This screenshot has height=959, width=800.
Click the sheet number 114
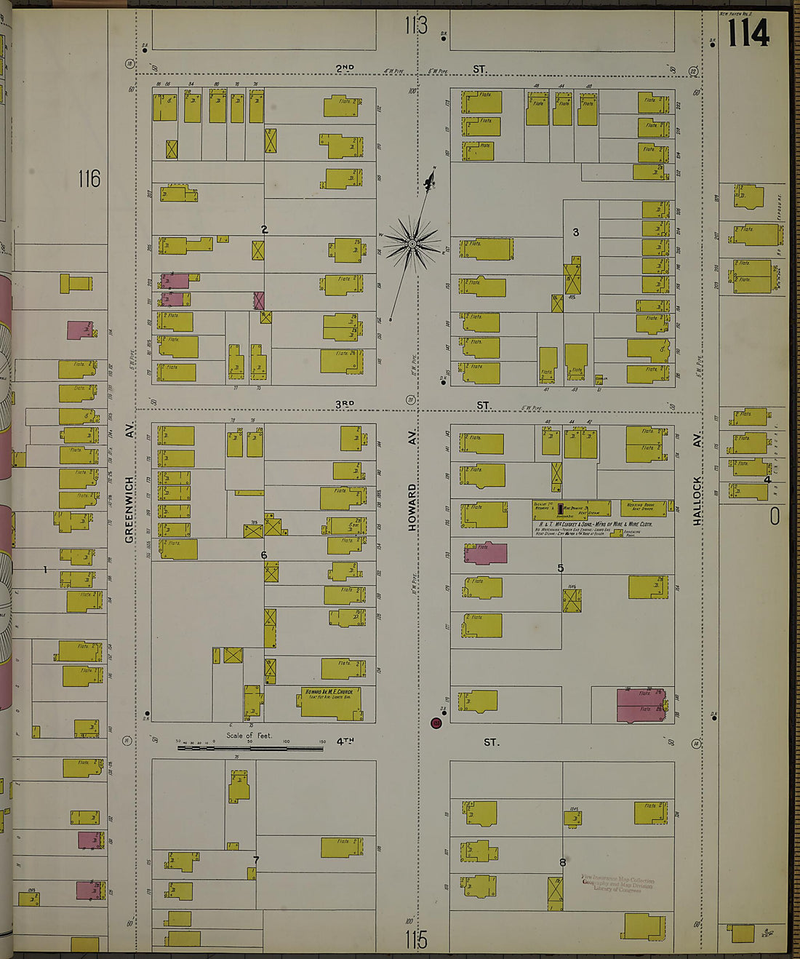point(748,33)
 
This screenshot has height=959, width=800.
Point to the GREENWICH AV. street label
point(129,509)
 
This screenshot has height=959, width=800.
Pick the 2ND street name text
point(345,68)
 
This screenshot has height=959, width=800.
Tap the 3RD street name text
point(345,404)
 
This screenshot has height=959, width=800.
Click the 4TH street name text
point(345,741)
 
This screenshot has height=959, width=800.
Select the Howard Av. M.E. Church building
point(331,701)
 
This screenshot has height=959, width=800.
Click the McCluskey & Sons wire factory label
point(595,524)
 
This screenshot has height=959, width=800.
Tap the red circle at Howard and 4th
point(436,723)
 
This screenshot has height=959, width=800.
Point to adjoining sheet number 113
point(416,26)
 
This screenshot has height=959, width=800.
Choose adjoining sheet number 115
point(416,940)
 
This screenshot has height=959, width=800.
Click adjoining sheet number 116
point(89,178)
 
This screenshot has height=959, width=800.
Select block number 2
point(265,230)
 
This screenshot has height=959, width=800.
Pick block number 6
point(264,555)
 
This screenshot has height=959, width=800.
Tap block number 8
point(562,863)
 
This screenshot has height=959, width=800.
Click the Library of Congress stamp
point(617,883)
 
